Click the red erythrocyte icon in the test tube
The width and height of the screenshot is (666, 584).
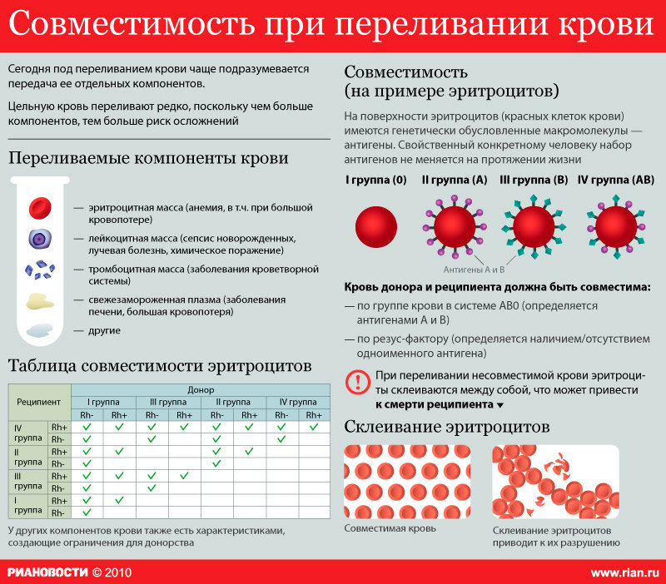tap(41, 207)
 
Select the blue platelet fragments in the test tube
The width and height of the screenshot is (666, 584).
tap(41, 270)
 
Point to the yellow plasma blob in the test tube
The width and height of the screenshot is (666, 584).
tap(38, 301)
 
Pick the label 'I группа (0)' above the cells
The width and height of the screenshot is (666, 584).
tap(376, 180)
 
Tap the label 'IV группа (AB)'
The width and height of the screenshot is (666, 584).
tap(616, 180)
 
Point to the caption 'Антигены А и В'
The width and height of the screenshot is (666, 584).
tap(473, 270)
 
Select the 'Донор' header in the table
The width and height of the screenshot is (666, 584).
tap(201, 389)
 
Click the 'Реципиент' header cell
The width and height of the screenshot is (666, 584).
tap(39, 402)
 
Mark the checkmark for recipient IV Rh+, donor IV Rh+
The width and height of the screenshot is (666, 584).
tap(313, 427)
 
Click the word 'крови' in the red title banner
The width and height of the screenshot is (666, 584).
tap(614, 25)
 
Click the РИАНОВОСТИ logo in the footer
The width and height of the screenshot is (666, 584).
tap(47, 573)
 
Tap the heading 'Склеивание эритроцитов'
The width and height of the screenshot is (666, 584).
tap(447, 428)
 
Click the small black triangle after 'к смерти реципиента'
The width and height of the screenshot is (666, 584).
tap(500, 405)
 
